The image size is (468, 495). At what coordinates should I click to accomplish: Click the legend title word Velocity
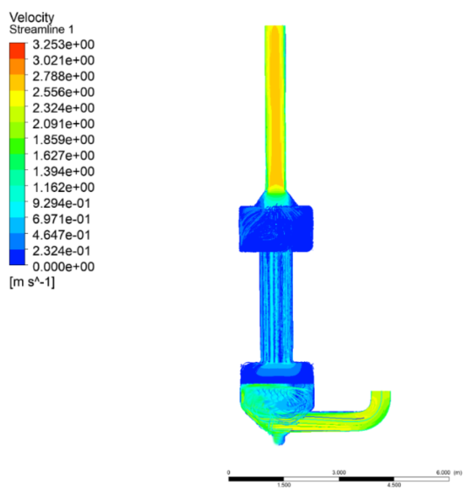32,17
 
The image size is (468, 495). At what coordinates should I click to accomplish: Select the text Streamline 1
41,29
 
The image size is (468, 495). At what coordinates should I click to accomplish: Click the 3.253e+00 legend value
63,45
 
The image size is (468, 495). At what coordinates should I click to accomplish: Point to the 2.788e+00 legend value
63,76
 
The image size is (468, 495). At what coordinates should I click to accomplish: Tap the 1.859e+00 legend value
63,140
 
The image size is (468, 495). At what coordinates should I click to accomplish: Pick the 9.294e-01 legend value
62,203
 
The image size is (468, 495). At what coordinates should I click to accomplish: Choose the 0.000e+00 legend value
63,266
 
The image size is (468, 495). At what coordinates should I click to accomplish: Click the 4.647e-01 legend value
62,235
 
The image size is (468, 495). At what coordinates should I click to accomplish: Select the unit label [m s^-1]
32,282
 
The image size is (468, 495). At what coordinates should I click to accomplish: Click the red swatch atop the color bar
17,51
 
